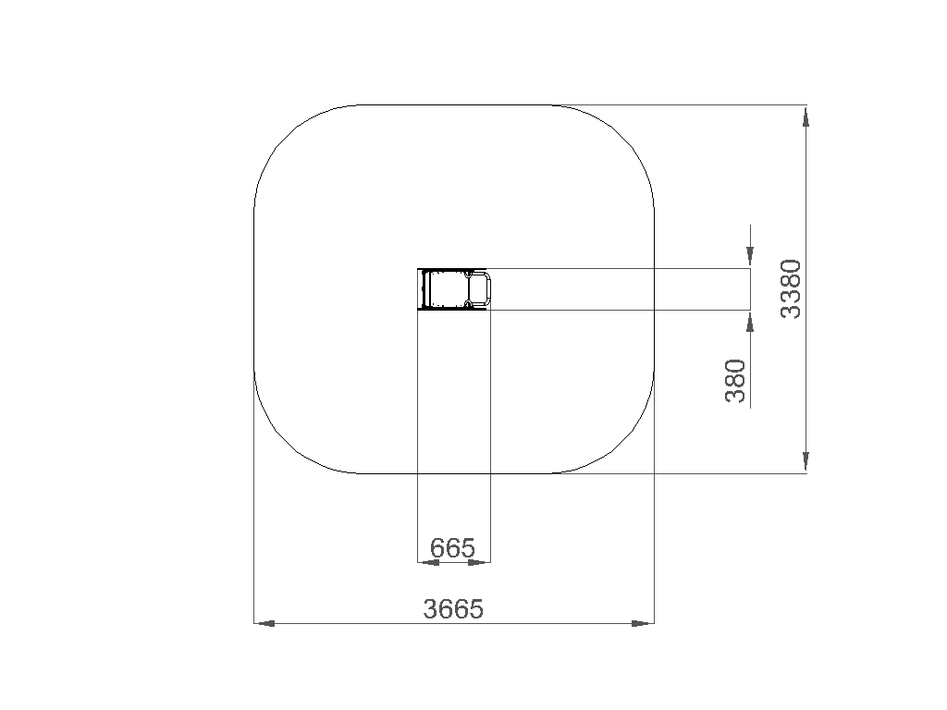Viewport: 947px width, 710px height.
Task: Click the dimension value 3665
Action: click(x=453, y=608)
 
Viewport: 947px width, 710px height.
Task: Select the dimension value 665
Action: click(x=453, y=547)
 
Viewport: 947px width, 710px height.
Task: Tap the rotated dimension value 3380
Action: click(x=791, y=288)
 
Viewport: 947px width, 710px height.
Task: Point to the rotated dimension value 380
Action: click(x=735, y=380)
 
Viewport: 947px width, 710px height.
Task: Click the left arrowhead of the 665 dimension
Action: click(x=429, y=563)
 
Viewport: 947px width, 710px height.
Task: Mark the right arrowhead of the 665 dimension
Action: click(x=479, y=563)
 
